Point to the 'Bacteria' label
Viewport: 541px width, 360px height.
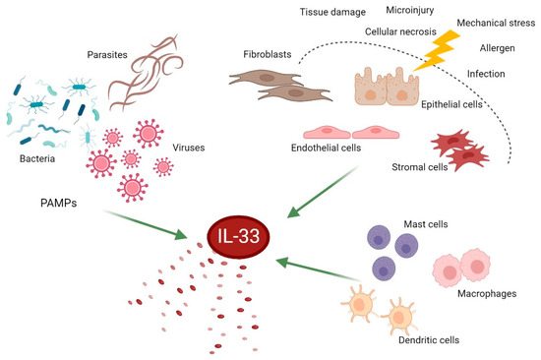(40, 156)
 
